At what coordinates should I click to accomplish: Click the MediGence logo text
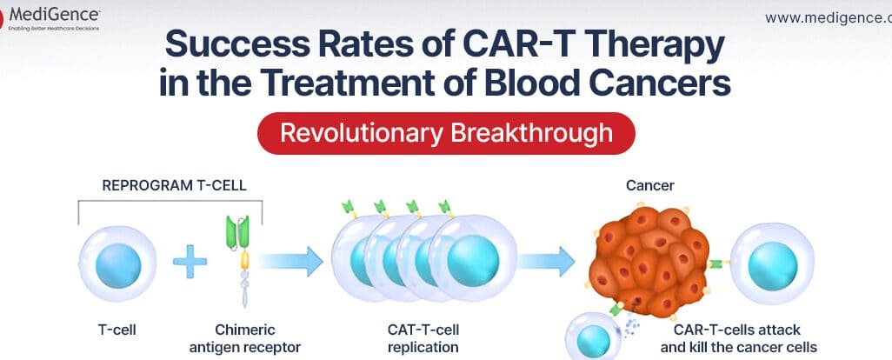54,13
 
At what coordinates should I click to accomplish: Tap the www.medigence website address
827,17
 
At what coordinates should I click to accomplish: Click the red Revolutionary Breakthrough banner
446,133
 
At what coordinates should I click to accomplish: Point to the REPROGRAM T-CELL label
174,185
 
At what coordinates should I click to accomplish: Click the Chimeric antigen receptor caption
244,338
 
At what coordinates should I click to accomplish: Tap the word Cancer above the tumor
649,185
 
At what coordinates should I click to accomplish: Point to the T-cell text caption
116,330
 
